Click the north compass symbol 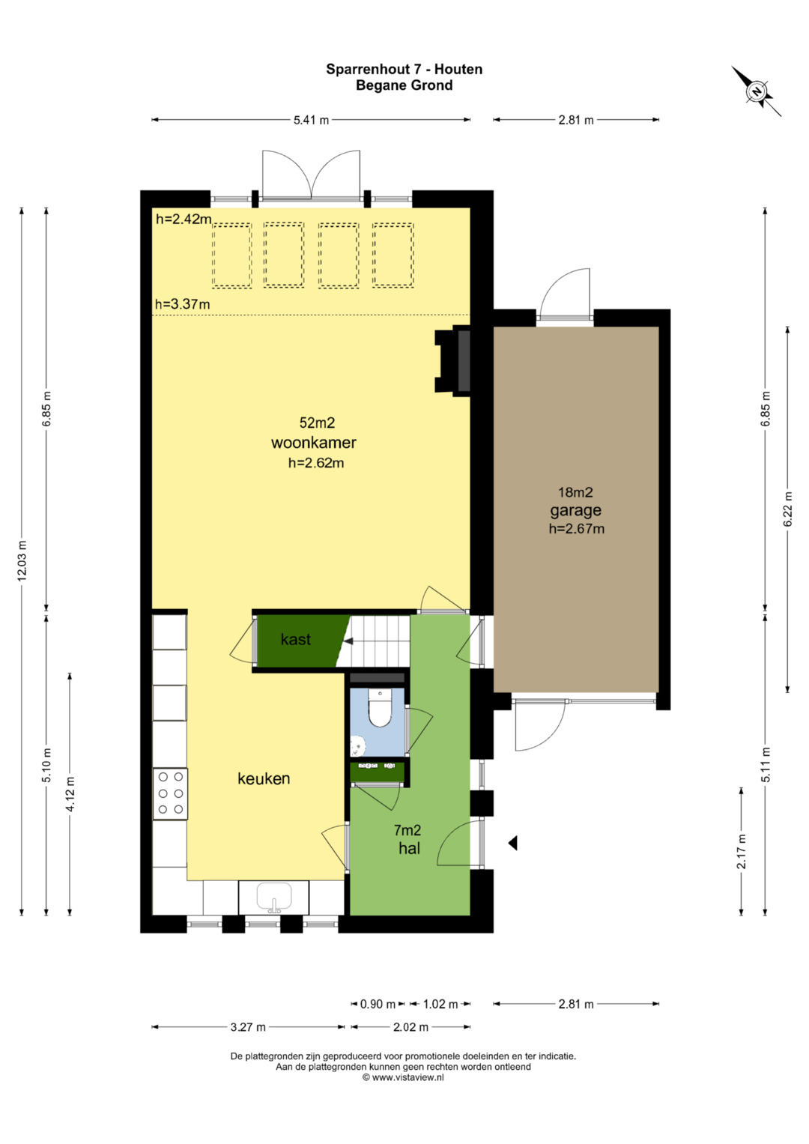tap(757, 91)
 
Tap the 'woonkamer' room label tap(314, 442)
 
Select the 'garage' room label tap(575, 510)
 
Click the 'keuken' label tap(264, 778)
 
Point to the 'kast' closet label tap(296, 639)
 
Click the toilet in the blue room tap(380, 707)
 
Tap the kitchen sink tap(273, 898)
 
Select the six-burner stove tap(170, 793)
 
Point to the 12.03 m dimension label tap(22, 561)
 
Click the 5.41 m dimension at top tap(311, 121)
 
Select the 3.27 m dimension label tap(248, 1026)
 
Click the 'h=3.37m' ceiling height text tap(182, 304)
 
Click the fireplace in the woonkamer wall tap(452, 361)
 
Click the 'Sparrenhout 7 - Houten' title tap(404, 69)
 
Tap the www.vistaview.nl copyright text tap(403, 1077)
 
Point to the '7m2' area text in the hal tap(407, 830)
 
